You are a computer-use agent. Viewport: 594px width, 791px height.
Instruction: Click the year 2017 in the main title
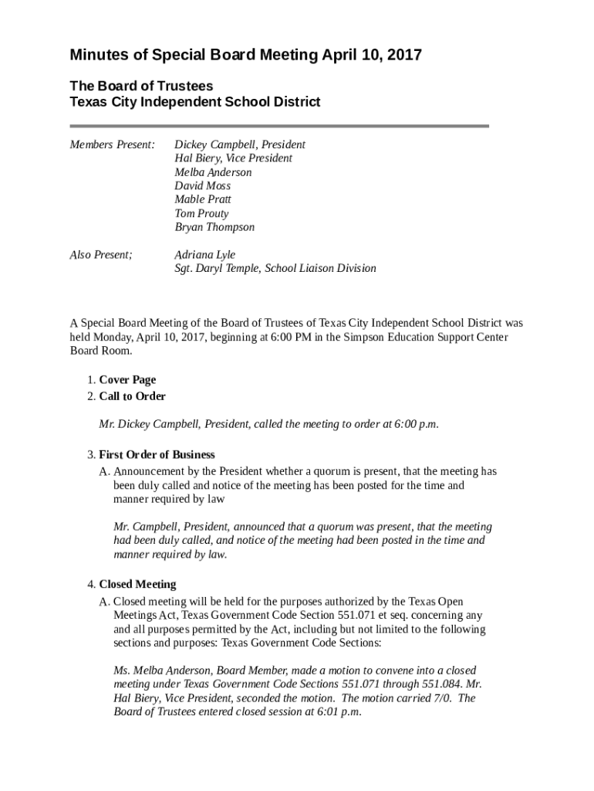403,56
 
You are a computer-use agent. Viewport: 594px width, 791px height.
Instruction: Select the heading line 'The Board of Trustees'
141,87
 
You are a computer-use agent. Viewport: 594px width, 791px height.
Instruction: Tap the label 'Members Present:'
113,144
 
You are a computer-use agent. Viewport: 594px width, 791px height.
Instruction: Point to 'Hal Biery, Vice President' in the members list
233,158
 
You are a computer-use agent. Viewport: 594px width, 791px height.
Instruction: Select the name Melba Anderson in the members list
213,172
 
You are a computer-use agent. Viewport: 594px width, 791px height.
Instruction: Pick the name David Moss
202,186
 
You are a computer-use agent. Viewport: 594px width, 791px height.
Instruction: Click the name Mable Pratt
202,199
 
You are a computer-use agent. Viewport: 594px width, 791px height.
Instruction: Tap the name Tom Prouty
201,213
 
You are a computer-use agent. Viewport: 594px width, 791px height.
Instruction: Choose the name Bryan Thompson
214,227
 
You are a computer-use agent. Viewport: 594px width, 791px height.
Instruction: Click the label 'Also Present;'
101,254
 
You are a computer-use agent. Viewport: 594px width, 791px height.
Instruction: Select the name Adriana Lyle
204,254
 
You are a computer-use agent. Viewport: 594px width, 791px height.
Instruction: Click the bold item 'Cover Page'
127,379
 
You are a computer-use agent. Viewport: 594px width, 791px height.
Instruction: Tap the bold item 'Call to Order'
132,396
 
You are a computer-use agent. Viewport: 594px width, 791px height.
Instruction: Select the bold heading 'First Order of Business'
157,454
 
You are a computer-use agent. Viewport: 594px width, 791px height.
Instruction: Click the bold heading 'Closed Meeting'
137,584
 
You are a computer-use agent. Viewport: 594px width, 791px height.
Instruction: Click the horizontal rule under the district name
279,126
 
